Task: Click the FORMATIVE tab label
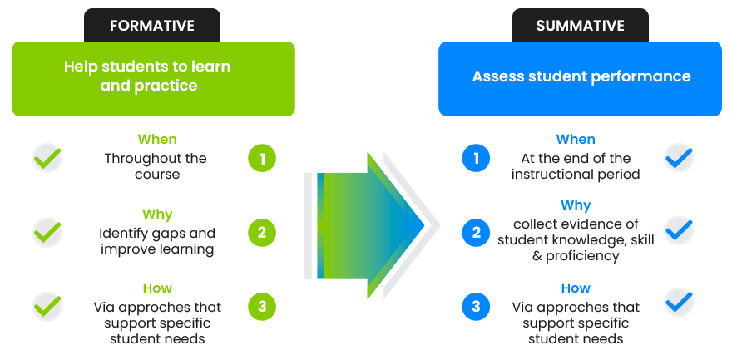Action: tap(151, 26)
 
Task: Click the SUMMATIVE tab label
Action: tap(580, 26)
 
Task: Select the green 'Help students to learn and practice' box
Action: tap(153, 76)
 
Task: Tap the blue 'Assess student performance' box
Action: tap(580, 76)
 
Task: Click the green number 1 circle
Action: tap(262, 158)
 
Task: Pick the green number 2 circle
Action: tap(262, 233)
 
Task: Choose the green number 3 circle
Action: tap(262, 307)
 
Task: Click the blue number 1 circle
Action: tap(476, 158)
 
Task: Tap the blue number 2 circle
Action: tap(476, 233)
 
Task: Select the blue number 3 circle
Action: tap(476, 307)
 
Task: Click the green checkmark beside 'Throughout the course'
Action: tap(47, 157)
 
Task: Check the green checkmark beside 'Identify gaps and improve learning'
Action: tap(47, 232)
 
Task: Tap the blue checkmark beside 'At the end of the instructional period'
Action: tap(679, 156)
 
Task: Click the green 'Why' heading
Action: tap(156, 215)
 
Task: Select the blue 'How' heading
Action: tap(575, 288)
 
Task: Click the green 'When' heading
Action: tap(156, 139)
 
